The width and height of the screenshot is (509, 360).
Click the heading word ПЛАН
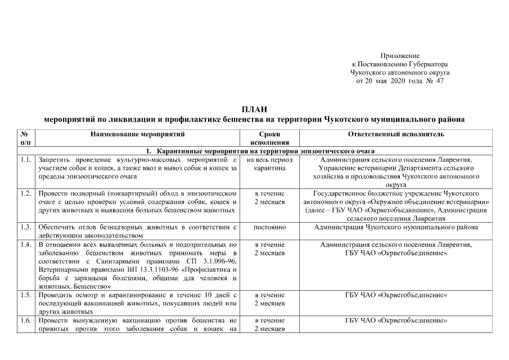point(254,109)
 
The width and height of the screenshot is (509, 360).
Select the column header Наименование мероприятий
point(137,134)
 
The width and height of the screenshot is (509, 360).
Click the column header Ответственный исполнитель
point(397,134)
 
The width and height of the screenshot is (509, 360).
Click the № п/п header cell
point(25,138)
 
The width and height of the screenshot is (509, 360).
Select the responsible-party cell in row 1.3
point(397,227)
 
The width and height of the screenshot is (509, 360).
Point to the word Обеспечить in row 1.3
point(57,227)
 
